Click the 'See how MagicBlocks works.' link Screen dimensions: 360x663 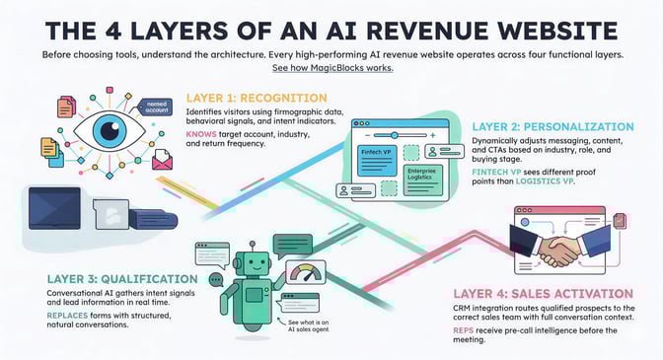click(331, 69)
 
